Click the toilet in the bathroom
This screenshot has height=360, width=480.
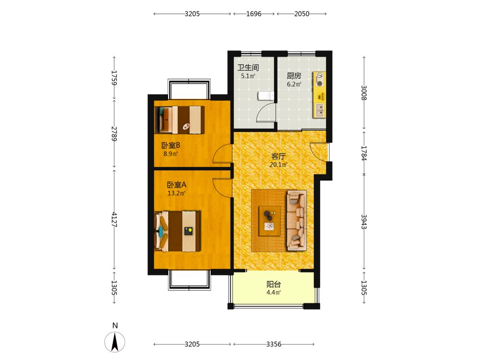(265, 96)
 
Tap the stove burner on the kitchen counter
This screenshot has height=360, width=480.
(319, 79)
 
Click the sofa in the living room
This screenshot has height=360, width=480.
(297, 220)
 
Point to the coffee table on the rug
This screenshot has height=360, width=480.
(270, 221)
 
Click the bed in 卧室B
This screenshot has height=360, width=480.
(180, 120)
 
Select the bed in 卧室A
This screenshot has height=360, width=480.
(178, 231)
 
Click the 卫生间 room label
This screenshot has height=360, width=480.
(248, 67)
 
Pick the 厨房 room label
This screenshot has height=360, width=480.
(294, 76)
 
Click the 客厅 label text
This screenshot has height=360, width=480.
(278, 156)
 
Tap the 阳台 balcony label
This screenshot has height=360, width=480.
(274, 284)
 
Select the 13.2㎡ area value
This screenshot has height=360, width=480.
(177, 193)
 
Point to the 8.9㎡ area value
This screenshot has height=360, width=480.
(170, 154)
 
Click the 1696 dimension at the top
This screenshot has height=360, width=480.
(254, 14)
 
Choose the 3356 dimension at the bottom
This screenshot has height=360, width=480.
(274, 344)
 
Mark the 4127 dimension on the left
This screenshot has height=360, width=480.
(114, 219)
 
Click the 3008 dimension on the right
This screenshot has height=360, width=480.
(364, 93)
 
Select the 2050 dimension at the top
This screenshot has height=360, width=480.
(302, 14)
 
